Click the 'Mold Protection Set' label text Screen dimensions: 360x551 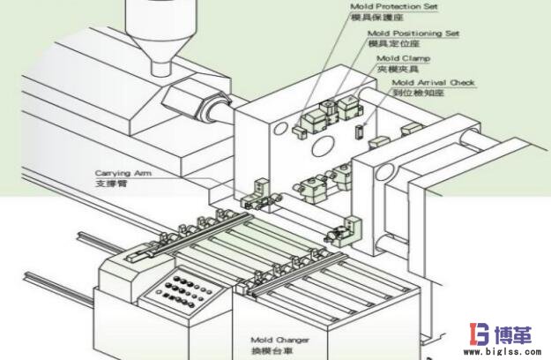(x=394, y=6)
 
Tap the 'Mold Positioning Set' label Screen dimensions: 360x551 (x=413, y=33)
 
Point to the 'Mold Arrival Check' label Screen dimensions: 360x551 (x=433, y=82)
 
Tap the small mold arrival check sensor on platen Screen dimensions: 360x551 (x=358, y=130)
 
